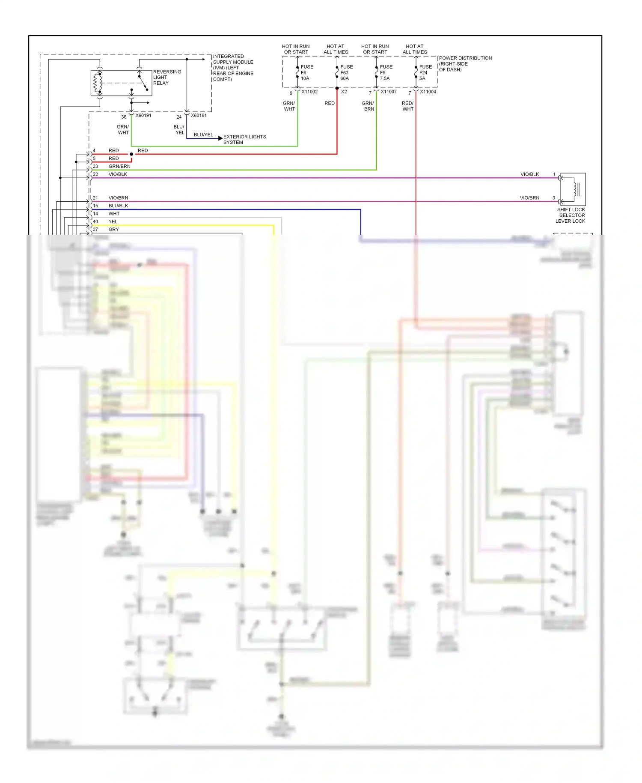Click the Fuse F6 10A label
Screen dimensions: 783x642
coord(306,72)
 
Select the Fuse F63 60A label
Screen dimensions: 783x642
coord(346,72)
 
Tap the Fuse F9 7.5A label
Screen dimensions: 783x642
coord(386,72)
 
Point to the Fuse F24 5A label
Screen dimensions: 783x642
coord(425,72)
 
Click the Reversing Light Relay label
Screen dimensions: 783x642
coord(167,78)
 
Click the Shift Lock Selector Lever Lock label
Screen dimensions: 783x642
coord(571,215)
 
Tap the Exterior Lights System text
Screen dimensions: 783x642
coord(244,139)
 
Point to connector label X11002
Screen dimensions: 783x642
coord(309,92)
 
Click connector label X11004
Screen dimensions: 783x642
coord(428,92)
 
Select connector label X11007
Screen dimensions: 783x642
coord(389,92)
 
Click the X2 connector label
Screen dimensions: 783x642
coord(344,92)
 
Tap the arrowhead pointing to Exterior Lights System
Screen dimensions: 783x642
coord(220,138)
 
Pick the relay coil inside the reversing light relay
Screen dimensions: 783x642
coord(98,83)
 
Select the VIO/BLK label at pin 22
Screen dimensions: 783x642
coord(118,174)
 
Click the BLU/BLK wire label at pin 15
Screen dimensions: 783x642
coord(118,206)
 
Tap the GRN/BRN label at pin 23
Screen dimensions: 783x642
coord(119,166)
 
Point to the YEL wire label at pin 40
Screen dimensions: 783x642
coord(113,221)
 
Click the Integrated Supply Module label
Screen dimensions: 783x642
coord(233,68)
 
